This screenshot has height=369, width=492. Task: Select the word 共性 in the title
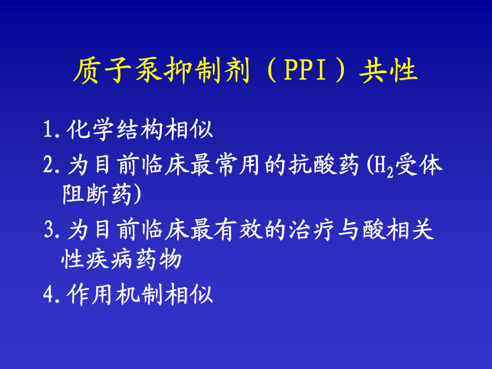(x=389, y=71)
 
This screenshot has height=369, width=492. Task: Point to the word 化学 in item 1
(x=90, y=128)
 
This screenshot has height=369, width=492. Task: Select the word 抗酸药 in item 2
(x=324, y=165)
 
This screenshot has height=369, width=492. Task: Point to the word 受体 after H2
(x=419, y=165)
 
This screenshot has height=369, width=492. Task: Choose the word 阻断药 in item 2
(x=97, y=194)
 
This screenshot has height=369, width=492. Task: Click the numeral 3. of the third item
(x=52, y=230)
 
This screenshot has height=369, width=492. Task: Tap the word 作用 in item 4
(x=90, y=294)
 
